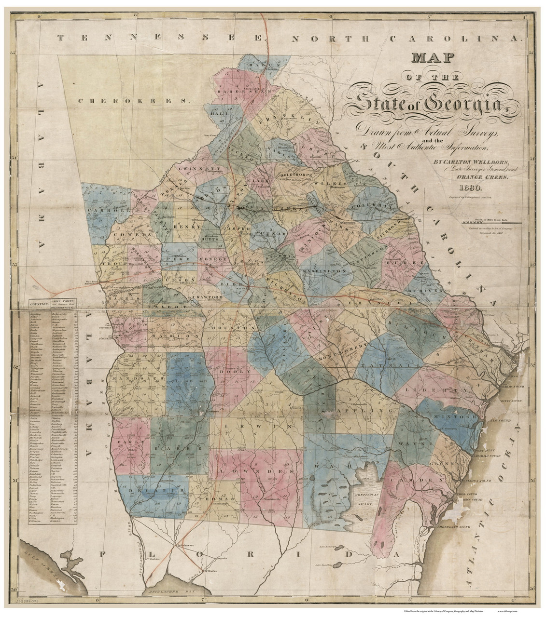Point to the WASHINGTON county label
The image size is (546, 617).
[x=322, y=272]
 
